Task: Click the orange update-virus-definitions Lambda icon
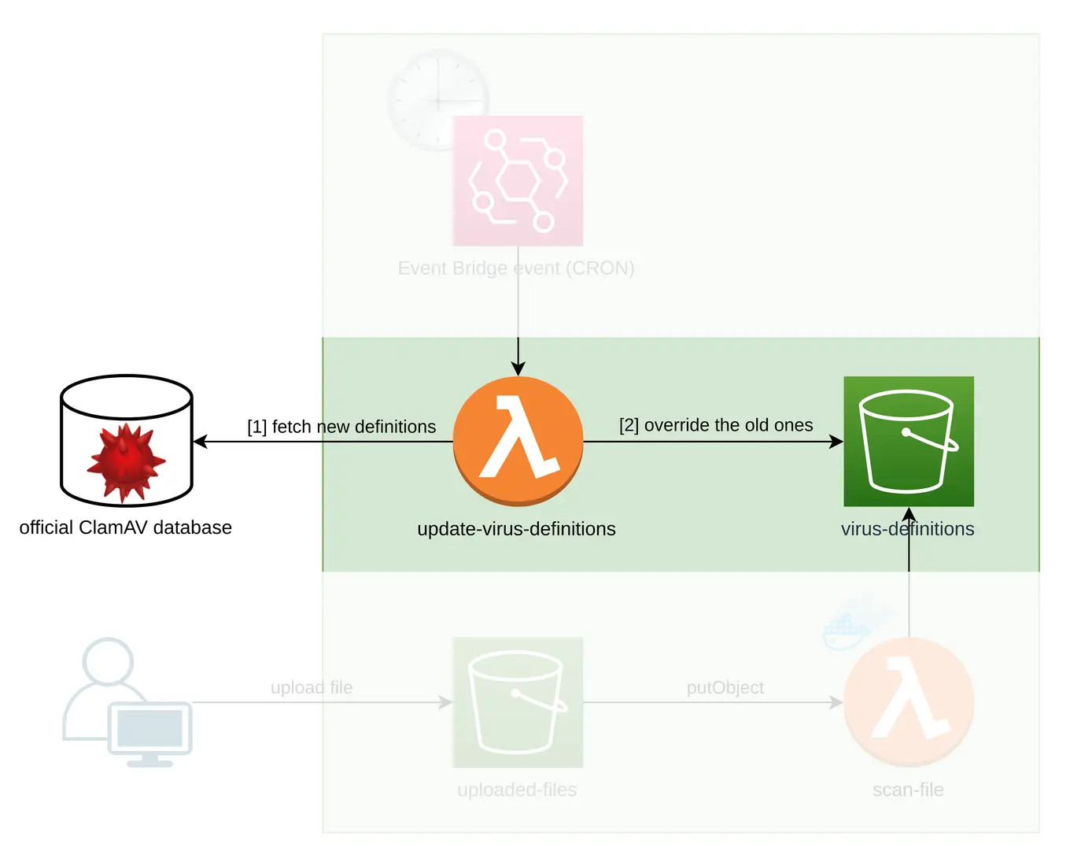coord(518,441)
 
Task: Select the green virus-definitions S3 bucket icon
coord(909,441)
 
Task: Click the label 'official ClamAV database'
coord(125,527)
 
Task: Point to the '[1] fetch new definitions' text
coord(341,427)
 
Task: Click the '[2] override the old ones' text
coord(716,425)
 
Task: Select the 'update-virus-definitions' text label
coord(516,529)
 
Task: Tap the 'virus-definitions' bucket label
coord(907,529)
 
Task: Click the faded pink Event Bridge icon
coord(518,181)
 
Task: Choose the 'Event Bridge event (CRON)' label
coord(516,268)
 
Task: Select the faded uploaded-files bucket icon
coord(518,702)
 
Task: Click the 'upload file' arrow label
coord(312,687)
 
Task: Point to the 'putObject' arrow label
coord(725,687)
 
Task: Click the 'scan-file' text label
coord(908,790)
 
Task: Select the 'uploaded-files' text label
coord(517,790)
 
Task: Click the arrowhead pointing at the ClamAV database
coord(200,442)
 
